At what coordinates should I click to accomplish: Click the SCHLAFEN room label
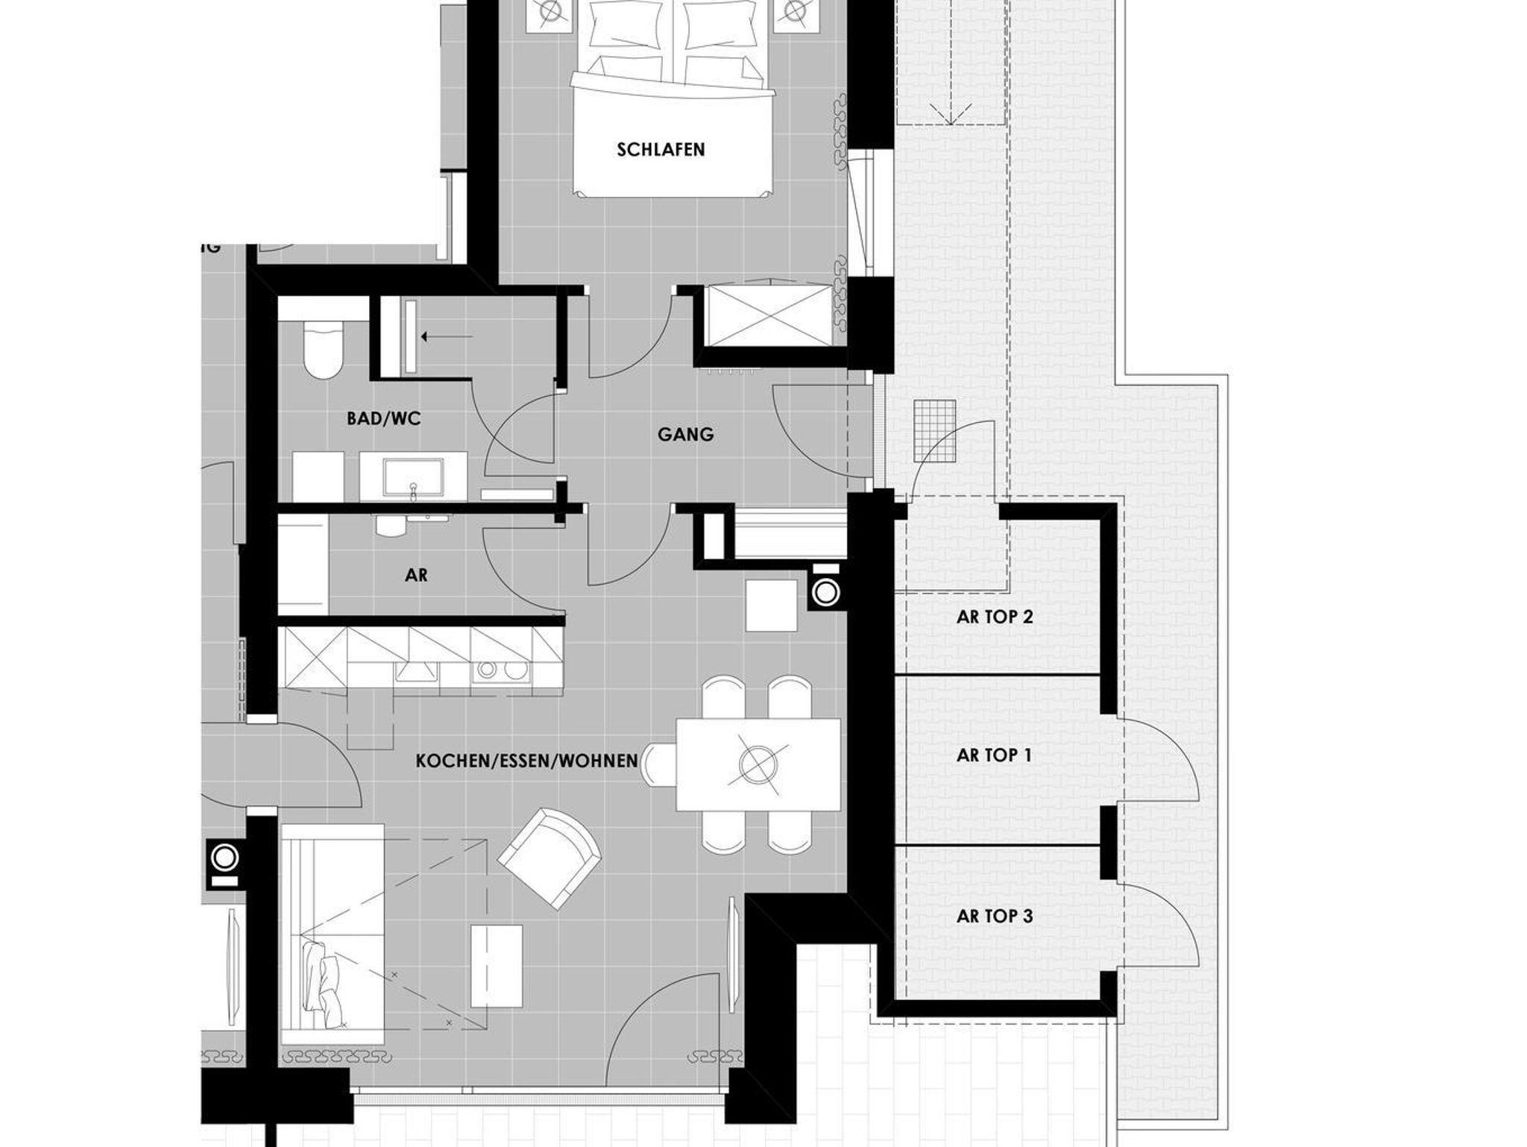[661, 150]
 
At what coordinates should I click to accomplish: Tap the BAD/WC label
[384, 419]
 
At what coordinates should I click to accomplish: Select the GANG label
[685, 434]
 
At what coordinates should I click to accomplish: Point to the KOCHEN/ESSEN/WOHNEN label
[526, 761]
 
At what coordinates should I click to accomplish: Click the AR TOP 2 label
[995, 618]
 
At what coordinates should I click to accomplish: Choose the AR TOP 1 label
[994, 755]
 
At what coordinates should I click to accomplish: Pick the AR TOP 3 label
[995, 916]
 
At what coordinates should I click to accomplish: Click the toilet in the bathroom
[324, 348]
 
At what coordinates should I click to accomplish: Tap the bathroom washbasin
[413, 478]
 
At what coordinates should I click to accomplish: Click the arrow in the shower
[447, 337]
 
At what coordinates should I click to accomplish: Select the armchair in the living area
[550, 858]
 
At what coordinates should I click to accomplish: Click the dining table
[758, 764]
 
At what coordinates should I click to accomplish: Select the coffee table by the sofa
[497, 966]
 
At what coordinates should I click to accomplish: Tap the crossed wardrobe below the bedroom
[769, 315]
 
